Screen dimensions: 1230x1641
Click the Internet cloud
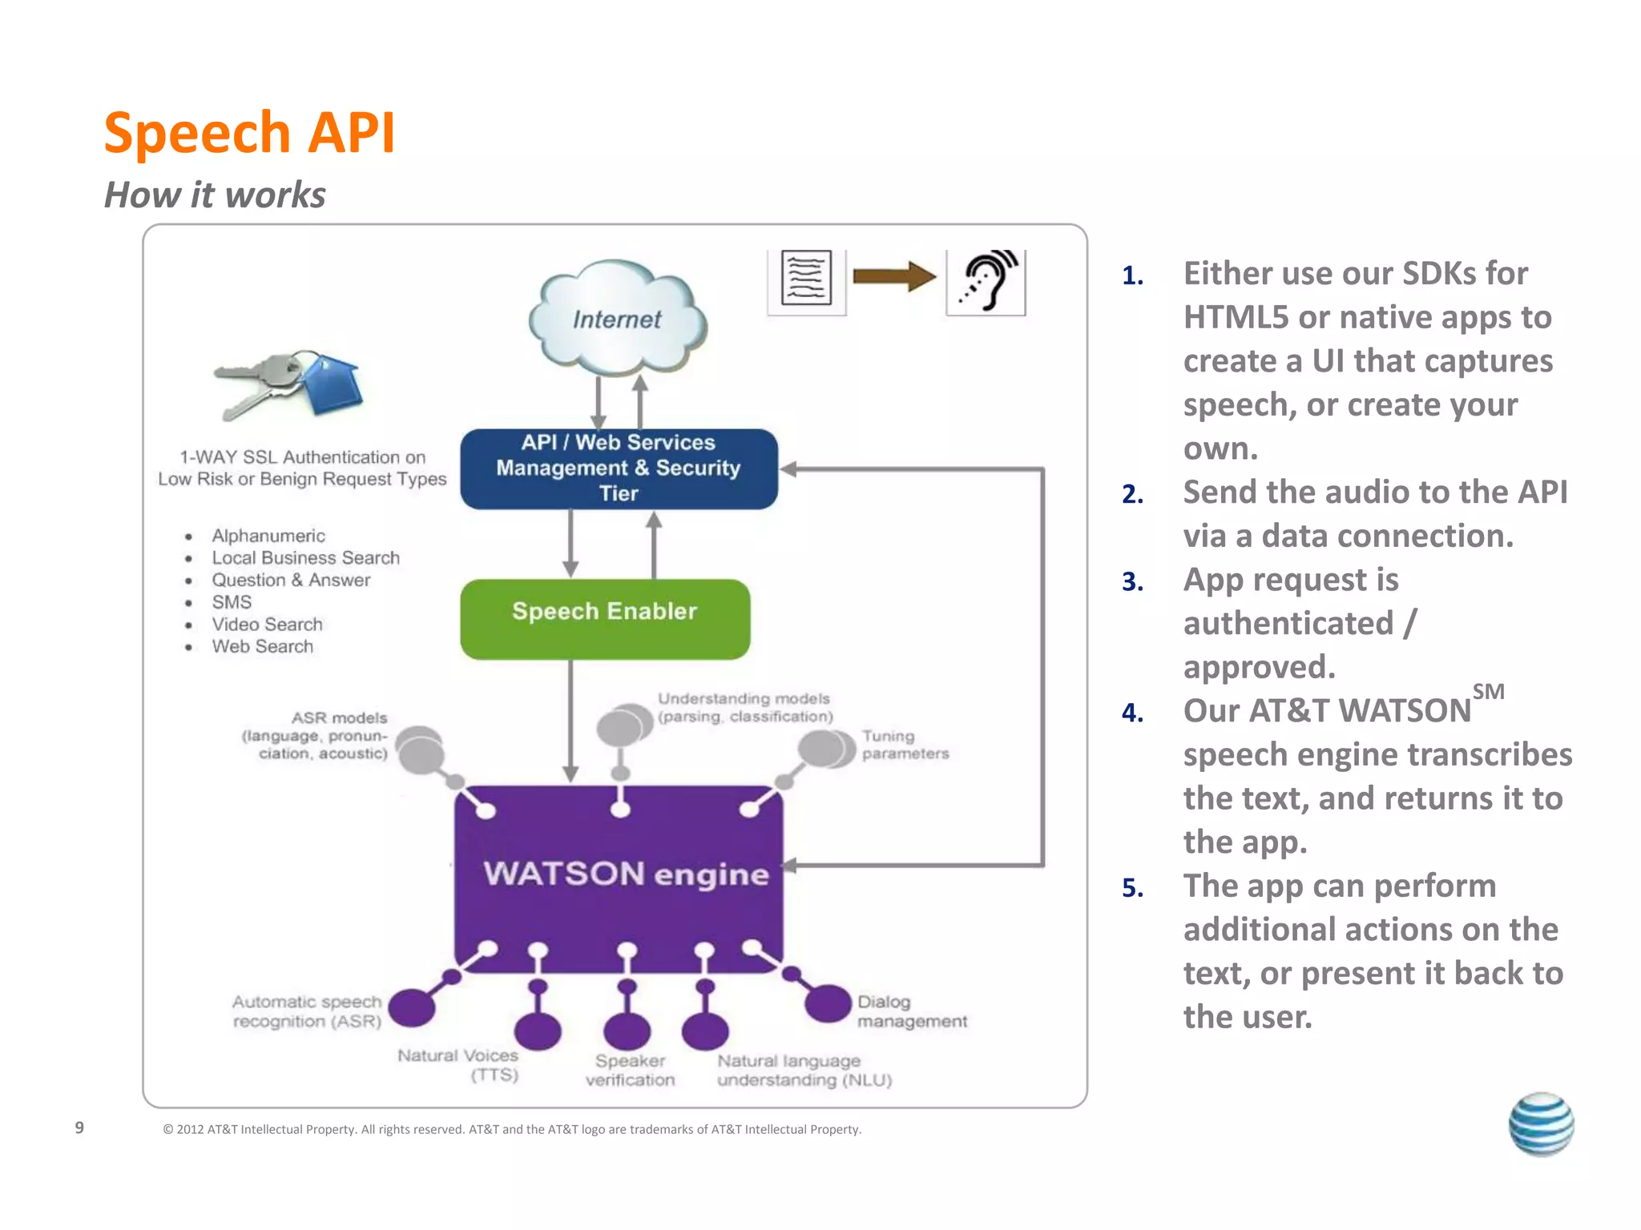[617, 319]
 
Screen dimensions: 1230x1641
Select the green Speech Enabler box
[605, 619]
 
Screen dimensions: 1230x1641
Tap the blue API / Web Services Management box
[619, 468]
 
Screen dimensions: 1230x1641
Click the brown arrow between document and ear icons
[894, 277]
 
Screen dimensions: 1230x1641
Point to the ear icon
[986, 281]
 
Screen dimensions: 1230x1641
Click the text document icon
[806, 279]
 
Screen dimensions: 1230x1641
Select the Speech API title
[249, 132]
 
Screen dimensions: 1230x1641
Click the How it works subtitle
[215, 195]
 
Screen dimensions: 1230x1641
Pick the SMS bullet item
[232, 602]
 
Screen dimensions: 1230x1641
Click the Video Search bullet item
[267, 625]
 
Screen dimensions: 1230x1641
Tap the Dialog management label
[911, 1011]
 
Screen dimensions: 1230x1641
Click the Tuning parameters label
[905, 745]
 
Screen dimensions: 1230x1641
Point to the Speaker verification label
[631, 1071]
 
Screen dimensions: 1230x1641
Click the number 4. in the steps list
[1132, 712]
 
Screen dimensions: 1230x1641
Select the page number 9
[79, 1127]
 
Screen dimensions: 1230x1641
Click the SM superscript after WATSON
[1488, 692]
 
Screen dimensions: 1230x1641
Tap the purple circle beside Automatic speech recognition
[412, 1007]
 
